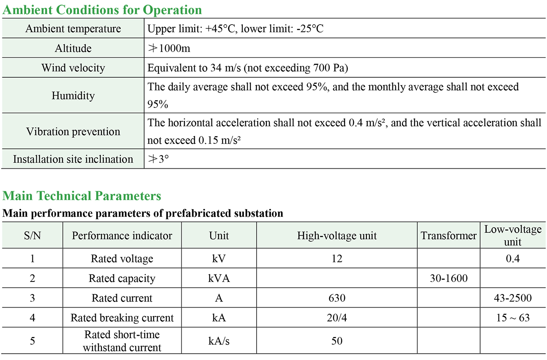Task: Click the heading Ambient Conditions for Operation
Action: click(102, 10)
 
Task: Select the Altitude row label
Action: click(73, 48)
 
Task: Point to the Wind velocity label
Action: click(73, 68)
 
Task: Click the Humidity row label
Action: click(73, 96)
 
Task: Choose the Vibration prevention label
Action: click(73, 132)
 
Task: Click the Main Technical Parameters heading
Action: click(82, 196)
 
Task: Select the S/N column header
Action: click(32, 236)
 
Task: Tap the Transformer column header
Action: click(449, 236)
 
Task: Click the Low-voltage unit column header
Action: click(513, 235)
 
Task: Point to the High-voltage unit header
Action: click(337, 236)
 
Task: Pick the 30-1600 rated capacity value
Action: click(449, 278)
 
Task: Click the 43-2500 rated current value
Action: click(513, 298)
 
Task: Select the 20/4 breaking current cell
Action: click(337, 318)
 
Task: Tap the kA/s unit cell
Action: click(219, 341)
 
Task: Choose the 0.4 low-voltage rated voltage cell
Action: click(513, 259)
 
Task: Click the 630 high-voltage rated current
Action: click(337, 298)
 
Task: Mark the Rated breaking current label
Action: click(122, 318)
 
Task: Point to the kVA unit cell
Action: click(219, 278)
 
